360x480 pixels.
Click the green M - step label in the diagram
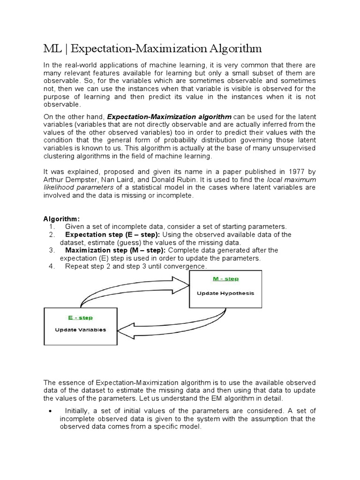coord(225,279)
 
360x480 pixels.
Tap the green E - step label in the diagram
coord(80,317)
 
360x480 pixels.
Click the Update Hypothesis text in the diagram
coord(225,293)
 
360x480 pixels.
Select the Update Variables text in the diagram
coord(80,330)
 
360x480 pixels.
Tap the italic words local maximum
coord(291,179)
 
